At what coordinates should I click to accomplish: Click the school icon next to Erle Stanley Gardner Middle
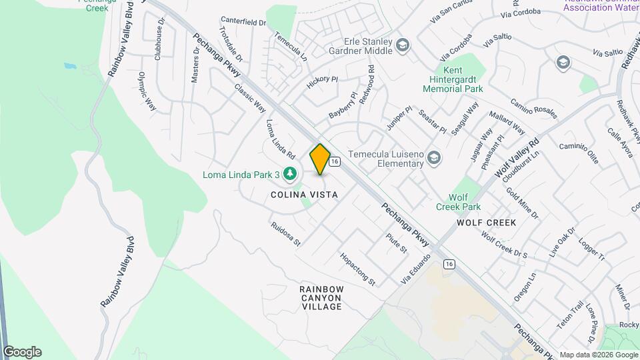pyautogui.click(x=402, y=46)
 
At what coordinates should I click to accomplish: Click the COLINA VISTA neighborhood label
pyautogui.click(x=304, y=194)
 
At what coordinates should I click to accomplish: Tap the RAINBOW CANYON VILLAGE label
pyautogui.click(x=321, y=297)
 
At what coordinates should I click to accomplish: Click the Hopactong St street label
pyautogui.click(x=358, y=267)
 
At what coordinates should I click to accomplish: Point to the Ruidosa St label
pyautogui.click(x=286, y=234)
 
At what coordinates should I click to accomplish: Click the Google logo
pyautogui.click(x=22, y=352)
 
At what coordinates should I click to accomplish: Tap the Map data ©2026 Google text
pyautogui.click(x=597, y=355)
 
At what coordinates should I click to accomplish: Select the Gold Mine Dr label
pyautogui.click(x=522, y=203)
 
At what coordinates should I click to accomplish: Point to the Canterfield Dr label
pyautogui.click(x=243, y=22)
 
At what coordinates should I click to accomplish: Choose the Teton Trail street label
pyautogui.click(x=577, y=317)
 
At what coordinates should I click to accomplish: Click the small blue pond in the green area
pyautogui.click(x=70, y=67)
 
